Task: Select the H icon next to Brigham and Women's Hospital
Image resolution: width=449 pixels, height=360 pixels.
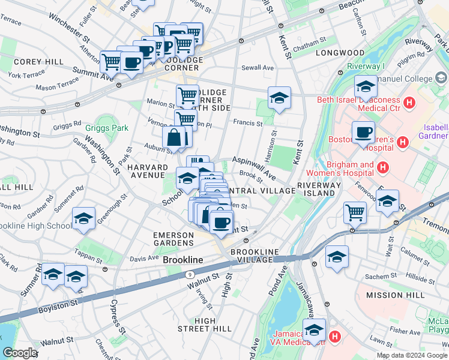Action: (383, 170)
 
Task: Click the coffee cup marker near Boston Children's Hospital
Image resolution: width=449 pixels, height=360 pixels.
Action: (363, 133)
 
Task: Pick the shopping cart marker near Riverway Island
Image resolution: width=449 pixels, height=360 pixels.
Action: (355, 212)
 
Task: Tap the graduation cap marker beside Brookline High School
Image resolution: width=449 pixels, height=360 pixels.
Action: (83, 219)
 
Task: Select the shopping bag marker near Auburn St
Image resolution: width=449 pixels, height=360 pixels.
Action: (173, 137)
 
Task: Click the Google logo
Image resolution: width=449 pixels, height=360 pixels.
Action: (20, 353)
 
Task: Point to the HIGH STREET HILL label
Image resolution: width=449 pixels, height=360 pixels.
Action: (205, 325)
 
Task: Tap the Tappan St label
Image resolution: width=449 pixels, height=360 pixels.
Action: (89, 252)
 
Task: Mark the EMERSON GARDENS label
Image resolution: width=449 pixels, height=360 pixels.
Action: (173, 239)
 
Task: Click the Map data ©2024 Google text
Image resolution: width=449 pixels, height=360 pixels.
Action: (411, 355)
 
